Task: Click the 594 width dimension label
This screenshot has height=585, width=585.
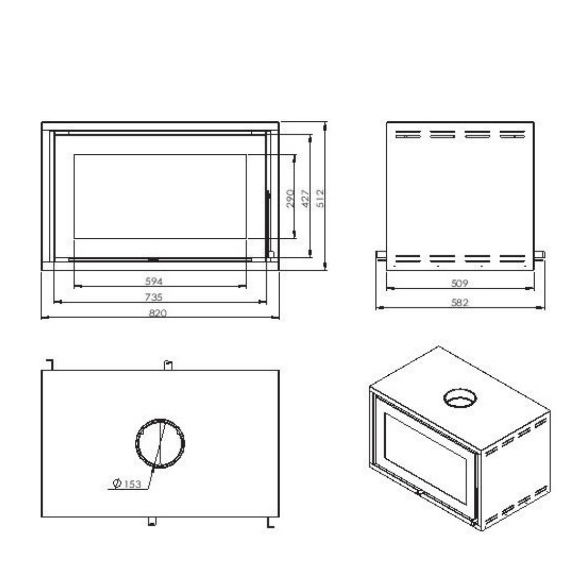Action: pyautogui.click(x=154, y=281)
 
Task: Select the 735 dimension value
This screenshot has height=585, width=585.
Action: pyautogui.click(x=154, y=297)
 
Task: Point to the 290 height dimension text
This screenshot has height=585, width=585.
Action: pyautogui.click(x=289, y=198)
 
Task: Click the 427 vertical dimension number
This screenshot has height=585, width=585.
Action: pyautogui.click(x=304, y=198)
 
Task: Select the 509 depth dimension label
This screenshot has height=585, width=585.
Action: pyautogui.click(x=459, y=283)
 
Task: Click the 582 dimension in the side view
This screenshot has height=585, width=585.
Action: pyautogui.click(x=459, y=302)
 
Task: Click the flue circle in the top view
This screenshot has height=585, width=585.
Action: pyautogui.click(x=160, y=443)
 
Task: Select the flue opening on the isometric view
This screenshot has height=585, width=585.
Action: pyautogui.click(x=461, y=399)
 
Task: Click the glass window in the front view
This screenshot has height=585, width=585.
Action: pyautogui.click(x=160, y=196)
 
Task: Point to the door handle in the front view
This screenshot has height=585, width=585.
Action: pyautogui.click(x=266, y=217)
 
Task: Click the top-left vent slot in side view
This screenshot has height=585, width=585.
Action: pyautogui.click(x=408, y=134)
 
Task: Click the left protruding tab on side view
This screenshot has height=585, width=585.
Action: pyautogui.click(x=380, y=254)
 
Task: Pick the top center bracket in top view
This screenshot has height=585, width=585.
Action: pyautogui.click(x=168, y=365)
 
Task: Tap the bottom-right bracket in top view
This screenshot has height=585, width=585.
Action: pyautogui.click(x=269, y=521)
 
